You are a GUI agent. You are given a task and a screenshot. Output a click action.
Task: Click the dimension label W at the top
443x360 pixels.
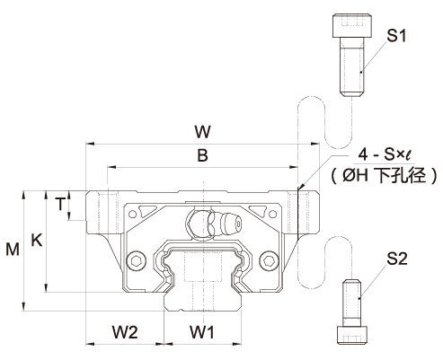coord(202,132)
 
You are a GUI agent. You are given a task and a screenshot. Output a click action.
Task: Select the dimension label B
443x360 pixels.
coord(202,155)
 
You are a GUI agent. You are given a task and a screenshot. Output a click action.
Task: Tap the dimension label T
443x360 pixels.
coord(60,204)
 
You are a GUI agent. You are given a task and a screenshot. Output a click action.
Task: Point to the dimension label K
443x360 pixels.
coord(37,240)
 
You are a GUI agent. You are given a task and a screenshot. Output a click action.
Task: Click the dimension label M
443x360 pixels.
coord(13,249)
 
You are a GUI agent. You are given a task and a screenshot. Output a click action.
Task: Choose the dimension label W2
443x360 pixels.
coord(125,332)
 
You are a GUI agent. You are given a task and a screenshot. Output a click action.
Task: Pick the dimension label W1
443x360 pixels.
coord(202,332)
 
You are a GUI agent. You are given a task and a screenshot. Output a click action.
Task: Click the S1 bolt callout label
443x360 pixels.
coord(396,36)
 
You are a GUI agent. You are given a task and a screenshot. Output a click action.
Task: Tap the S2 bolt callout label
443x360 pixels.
coord(397,259)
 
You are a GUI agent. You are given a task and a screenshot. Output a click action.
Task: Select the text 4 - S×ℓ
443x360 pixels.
coord(385,154)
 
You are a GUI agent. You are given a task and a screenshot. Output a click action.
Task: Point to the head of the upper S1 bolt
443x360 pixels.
coord(351,26)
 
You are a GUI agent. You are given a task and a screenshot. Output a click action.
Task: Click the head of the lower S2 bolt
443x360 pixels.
coord(351,335)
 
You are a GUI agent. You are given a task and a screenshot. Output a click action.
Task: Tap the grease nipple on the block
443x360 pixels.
coord(215,224)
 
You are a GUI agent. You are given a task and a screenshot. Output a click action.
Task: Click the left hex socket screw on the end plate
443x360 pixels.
coord(137,261)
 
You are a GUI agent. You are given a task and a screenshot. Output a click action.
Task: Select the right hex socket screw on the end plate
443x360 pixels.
coord(269,261)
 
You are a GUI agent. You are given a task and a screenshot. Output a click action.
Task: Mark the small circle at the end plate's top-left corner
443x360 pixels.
coord(132,215)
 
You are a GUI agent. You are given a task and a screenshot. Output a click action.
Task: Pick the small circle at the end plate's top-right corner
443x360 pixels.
coord(273,215)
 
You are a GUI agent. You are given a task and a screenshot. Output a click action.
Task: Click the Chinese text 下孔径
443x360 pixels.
coord(401,175)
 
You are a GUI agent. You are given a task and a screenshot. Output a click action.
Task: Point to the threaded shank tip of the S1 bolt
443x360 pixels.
coord(352,93)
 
